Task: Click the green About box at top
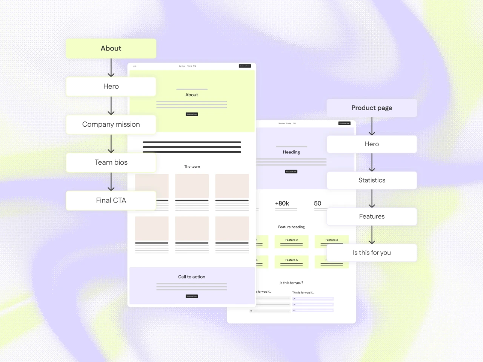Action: pos(111,48)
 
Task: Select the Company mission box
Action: pos(111,124)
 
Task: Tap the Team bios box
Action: pos(111,163)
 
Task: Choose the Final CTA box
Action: pos(111,200)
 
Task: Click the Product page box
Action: pos(372,108)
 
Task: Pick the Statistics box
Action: pos(372,180)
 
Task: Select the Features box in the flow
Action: pos(372,216)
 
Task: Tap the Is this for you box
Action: pos(372,253)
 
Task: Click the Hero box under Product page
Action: pos(372,144)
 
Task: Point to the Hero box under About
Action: pos(111,86)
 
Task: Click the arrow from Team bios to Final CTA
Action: pos(111,182)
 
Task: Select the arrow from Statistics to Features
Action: pos(372,198)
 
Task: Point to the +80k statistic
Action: pos(282,204)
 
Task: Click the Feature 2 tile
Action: pos(291,242)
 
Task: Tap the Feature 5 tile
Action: pos(291,262)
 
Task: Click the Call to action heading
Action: pos(192,277)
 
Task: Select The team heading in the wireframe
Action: pos(192,166)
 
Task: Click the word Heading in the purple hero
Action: pos(291,152)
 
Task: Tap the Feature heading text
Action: pos(291,227)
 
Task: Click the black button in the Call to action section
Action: pos(192,296)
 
